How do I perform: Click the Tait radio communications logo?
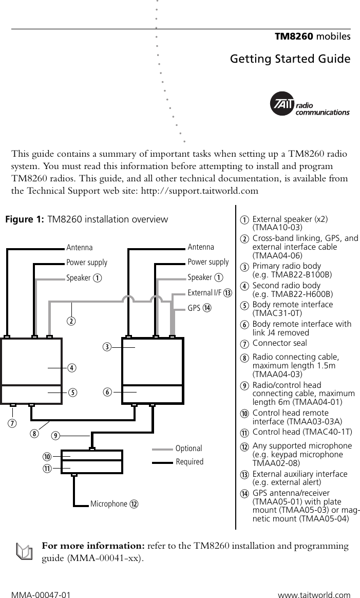click(309, 105)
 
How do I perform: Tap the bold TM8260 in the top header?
click(294, 36)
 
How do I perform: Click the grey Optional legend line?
click(163, 448)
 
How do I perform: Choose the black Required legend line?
click(163, 462)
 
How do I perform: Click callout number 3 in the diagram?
click(106, 347)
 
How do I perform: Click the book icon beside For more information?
click(23, 552)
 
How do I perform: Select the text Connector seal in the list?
click(279, 343)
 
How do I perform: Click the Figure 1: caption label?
click(24, 220)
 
